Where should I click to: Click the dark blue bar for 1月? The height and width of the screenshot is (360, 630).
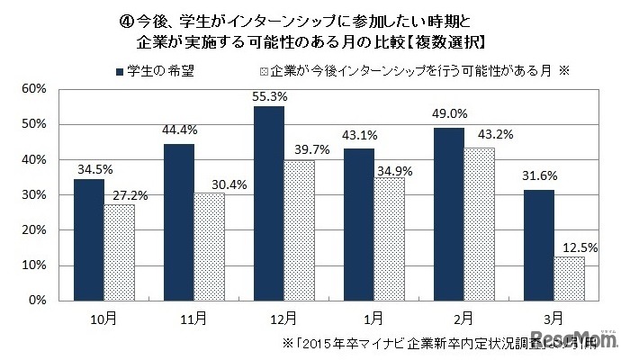(x=358, y=224)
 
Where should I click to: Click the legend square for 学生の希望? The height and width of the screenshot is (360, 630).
(x=119, y=69)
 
